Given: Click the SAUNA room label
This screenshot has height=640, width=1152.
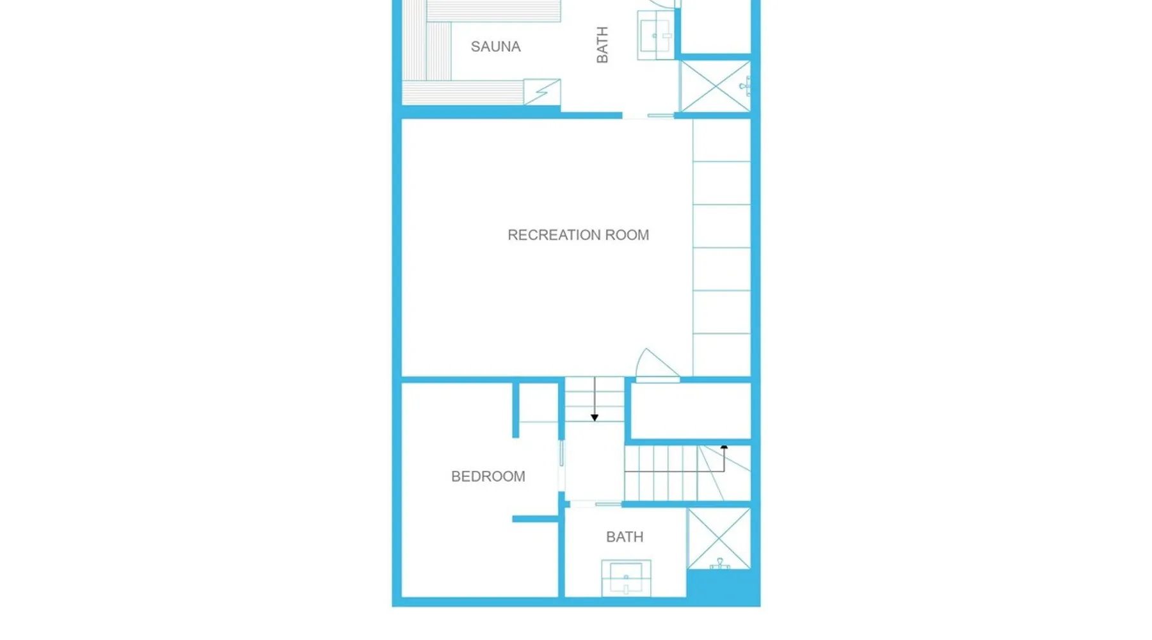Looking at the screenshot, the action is (x=495, y=47).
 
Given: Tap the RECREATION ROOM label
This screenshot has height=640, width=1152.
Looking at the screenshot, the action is (x=578, y=235).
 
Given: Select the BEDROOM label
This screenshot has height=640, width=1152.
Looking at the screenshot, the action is (x=488, y=476).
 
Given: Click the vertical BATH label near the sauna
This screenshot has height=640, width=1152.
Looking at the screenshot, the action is (x=602, y=45).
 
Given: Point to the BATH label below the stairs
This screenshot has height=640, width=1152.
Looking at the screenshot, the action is (x=625, y=537).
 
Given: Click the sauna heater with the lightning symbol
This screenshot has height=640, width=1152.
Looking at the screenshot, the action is (x=542, y=92).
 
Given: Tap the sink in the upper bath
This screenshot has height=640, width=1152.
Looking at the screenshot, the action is (x=655, y=36).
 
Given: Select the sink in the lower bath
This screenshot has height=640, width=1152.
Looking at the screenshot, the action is (x=626, y=577).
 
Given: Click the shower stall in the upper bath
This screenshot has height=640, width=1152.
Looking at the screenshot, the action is (x=715, y=86).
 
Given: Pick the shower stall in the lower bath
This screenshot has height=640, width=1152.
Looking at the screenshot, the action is (x=719, y=538).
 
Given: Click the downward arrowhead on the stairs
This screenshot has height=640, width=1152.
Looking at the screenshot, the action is (x=595, y=418).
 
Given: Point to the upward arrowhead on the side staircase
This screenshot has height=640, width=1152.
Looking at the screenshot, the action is (x=724, y=447).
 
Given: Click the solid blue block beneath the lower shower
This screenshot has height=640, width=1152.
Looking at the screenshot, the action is (x=723, y=586).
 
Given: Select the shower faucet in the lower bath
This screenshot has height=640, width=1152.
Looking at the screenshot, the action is (x=720, y=564).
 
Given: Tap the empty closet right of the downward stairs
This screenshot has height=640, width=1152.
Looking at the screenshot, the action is (x=691, y=411).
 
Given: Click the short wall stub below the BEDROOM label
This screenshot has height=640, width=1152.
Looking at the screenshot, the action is (x=535, y=519).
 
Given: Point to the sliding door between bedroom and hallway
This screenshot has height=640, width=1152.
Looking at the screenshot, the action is (x=562, y=454).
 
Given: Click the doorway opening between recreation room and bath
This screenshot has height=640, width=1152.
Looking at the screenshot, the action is (x=648, y=116).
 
